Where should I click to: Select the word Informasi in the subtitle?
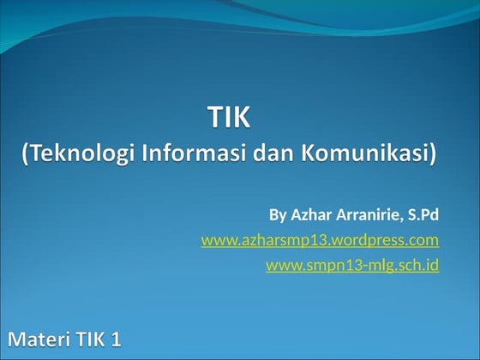[x=189, y=154]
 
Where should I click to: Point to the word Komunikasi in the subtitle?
[x=363, y=154]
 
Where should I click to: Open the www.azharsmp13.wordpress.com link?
[x=320, y=240]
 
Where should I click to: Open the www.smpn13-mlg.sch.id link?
[x=352, y=266]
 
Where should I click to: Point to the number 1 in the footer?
[x=116, y=339]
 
